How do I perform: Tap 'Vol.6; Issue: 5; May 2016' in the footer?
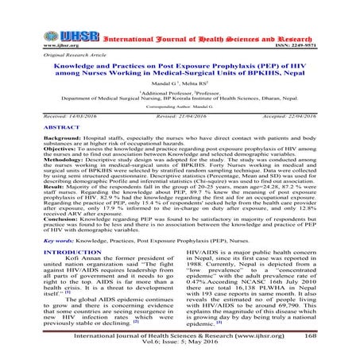click(x=180, y=350)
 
